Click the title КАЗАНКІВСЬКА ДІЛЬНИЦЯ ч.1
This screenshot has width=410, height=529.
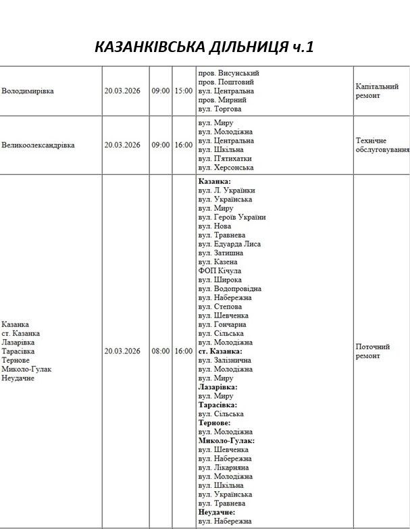coord(205,47)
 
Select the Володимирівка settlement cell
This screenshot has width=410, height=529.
coord(28,91)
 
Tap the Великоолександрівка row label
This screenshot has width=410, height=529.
coord(38,145)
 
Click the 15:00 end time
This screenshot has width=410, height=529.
coord(183,91)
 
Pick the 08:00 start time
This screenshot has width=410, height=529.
coord(161,351)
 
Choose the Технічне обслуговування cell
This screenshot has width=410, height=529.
coord(382,145)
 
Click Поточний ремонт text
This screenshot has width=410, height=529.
coord(373,351)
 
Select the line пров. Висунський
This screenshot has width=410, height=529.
coord(228,73)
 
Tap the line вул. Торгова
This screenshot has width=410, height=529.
coord(220,109)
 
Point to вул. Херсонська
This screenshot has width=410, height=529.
coord(226,168)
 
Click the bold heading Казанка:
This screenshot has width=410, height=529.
coord(214,182)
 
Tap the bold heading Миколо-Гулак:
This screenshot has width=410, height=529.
coord(226,440)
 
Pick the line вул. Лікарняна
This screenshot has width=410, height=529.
coord(224,468)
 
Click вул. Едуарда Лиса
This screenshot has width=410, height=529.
coord(229,244)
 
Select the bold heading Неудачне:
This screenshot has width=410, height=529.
coord(217,512)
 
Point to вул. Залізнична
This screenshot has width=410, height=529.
coord(224,361)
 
